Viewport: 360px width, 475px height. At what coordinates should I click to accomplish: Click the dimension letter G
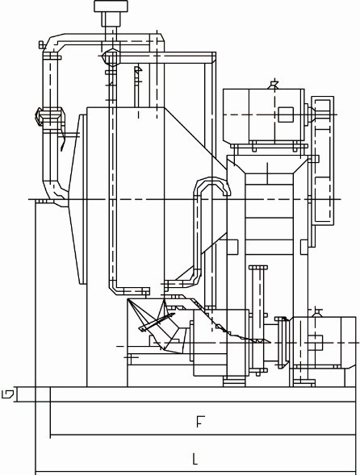coord(7,394)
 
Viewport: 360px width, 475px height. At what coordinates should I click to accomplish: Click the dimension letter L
coord(195,459)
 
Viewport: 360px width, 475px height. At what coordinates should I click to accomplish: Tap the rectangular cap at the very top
coord(111,6)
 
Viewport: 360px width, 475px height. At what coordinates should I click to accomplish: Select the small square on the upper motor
coord(286,115)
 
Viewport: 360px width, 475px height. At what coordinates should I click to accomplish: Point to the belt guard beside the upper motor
coord(323,160)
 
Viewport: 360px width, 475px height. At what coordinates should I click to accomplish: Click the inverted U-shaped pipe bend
coord(211,186)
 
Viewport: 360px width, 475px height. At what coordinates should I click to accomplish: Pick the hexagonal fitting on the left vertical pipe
coord(49,115)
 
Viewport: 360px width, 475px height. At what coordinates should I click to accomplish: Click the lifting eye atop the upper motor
coord(274,84)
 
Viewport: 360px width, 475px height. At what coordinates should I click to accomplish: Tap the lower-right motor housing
coord(324,342)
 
